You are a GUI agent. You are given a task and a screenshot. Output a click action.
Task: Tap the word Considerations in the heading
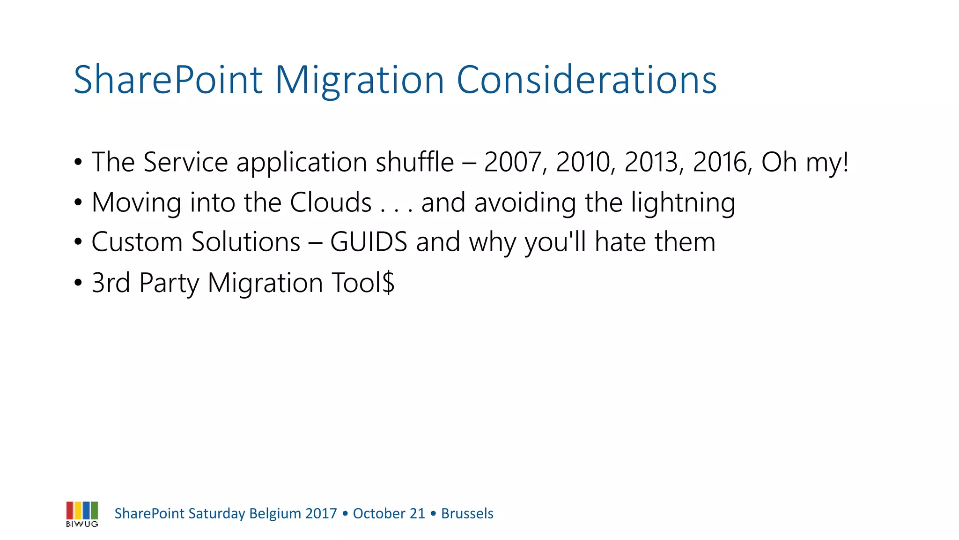(586, 80)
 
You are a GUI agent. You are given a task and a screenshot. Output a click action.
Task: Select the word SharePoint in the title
(168, 80)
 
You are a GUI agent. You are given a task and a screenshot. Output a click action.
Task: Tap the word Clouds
(331, 202)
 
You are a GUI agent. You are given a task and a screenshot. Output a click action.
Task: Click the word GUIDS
(369, 242)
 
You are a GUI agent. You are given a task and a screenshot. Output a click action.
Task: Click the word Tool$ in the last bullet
(363, 283)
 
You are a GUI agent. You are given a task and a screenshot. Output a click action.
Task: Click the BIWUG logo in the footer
(82, 514)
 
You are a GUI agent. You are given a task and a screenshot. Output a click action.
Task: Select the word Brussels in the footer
(467, 514)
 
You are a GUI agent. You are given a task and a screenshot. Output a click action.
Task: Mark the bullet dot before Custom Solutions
(78, 243)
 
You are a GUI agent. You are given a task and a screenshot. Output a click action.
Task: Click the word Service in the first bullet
(185, 162)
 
